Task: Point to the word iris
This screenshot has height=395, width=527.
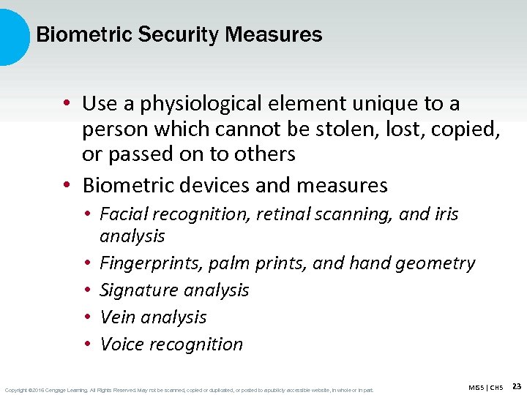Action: click(x=444, y=214)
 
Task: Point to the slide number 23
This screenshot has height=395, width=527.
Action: click(x=517, y=385)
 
